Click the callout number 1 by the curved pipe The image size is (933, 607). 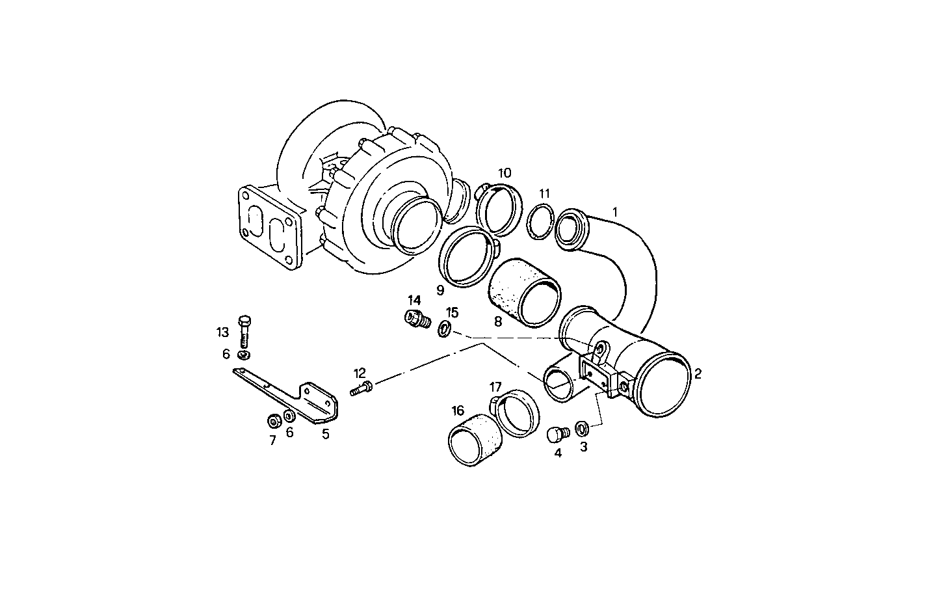pos(615,211)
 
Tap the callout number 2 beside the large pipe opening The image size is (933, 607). pos(698,373)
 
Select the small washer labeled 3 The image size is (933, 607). pos(583,428)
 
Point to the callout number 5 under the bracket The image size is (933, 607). pos(325,434)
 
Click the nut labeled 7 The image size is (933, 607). pos(274,420)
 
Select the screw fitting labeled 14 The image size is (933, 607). pos(414,319)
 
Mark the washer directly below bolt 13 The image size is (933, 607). pos(244,356)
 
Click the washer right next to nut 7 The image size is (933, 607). pos(290,416)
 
